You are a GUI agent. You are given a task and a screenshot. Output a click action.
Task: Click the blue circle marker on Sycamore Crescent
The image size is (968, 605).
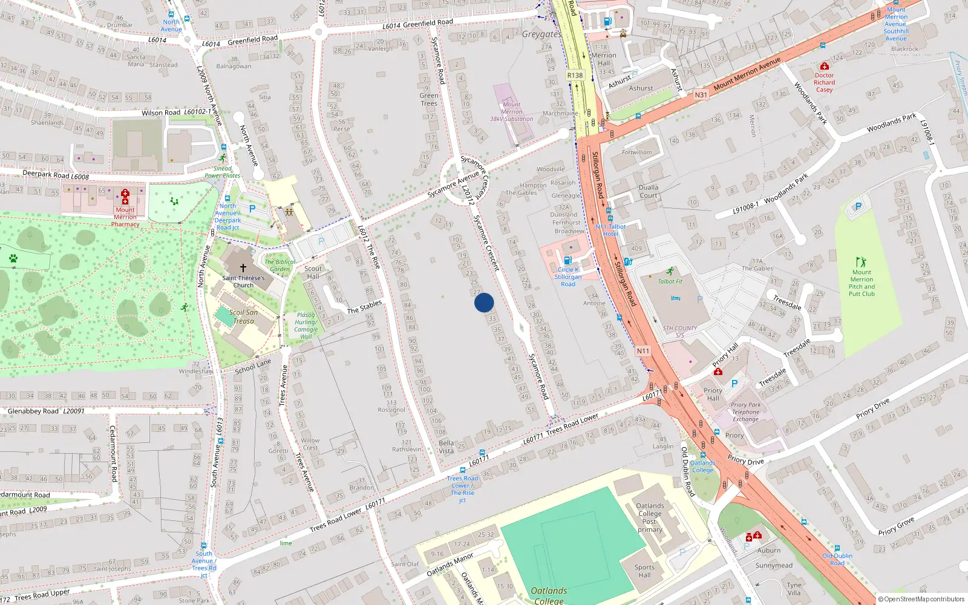tap(484, 302)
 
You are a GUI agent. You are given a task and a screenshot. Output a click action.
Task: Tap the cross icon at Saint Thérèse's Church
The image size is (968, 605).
tap(243, 267)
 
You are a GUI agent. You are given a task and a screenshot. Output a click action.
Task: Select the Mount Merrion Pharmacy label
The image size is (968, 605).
tap(125, 217)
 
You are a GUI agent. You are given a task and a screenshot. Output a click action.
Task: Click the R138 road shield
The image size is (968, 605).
tap(575, 76)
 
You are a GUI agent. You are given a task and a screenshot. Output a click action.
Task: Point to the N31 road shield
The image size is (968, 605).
tap(701, 94)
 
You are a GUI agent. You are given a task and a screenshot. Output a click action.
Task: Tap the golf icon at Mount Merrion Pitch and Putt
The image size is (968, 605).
tap(861, 262)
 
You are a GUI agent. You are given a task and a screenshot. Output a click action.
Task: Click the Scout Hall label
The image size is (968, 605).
tap(313, 272)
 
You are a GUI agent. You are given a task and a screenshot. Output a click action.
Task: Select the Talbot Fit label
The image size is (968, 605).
tap(670, 281)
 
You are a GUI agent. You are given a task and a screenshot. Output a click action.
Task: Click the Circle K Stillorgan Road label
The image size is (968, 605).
tap(568, 276)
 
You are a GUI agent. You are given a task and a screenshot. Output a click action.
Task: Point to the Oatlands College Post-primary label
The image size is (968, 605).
tap(650, 517)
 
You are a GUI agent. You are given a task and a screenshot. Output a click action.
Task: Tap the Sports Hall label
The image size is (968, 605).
tap(644, 571)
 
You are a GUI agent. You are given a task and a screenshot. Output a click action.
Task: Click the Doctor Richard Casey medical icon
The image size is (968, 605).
tap(824, 66)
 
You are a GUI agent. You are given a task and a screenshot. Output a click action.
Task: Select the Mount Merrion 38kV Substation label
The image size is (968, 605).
tap(511, 112)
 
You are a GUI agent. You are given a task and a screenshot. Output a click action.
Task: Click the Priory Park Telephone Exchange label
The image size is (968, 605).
tap(745, 412)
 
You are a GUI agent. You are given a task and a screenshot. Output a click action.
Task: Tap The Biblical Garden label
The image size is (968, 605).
tap(280, 265)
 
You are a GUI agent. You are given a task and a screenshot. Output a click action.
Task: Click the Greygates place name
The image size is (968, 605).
tap(541, 34)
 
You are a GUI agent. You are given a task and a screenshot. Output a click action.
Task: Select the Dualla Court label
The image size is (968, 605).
tap(648, 191)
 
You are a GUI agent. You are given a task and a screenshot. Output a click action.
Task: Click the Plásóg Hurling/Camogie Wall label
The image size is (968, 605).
tap(306, 325)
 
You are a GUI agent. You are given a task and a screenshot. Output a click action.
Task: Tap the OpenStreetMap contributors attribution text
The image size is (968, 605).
tap(921, 600)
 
